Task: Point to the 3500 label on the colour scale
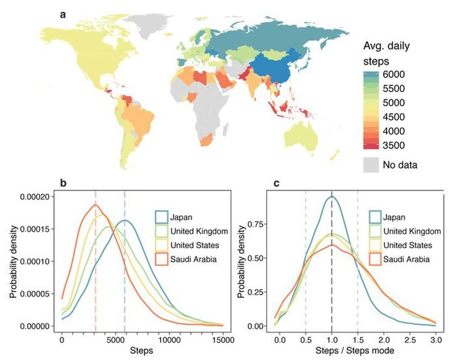pyautogui.click(x=395, y=145)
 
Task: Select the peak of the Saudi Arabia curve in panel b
pyautogui.click(x=95, y=205)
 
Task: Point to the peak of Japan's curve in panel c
pyautogui.click(x=332, y=197)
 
